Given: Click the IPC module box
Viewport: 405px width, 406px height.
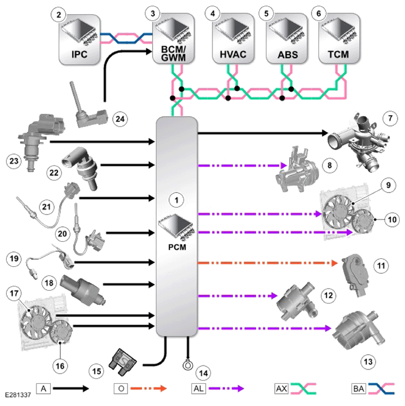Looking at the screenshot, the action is (79, 39).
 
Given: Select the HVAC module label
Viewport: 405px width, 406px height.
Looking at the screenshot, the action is (233, 55).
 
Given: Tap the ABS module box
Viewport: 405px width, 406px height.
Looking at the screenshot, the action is (287, 38).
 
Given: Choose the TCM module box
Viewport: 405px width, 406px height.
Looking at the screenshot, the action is (339, 38).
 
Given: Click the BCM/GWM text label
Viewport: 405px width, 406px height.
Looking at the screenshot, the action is (173, 54).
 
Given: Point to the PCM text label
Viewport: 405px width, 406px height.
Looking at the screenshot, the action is (177, 247).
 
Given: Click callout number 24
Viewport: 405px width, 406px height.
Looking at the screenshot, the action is (120, 119).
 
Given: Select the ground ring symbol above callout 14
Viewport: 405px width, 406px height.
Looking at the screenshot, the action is (187, 365).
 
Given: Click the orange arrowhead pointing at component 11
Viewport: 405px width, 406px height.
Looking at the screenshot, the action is (334, 263).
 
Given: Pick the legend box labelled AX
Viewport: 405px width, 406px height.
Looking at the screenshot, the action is (281, 388).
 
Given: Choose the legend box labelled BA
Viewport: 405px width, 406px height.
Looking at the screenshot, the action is (358, 388).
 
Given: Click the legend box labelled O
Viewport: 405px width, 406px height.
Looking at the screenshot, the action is (121, 388).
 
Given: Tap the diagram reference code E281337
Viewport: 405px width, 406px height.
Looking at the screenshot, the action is (18, 395).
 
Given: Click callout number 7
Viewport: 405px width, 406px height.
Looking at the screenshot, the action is (390, 119).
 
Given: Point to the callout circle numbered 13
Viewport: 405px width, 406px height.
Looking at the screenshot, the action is (368, 362).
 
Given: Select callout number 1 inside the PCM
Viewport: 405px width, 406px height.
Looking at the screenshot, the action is (177, 200).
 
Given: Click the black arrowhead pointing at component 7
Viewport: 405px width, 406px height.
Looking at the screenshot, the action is (325, 133).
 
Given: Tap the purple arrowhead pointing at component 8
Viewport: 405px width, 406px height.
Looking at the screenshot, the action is (284, 165).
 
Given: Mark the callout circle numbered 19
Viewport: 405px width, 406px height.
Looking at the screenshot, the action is (14, 258).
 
